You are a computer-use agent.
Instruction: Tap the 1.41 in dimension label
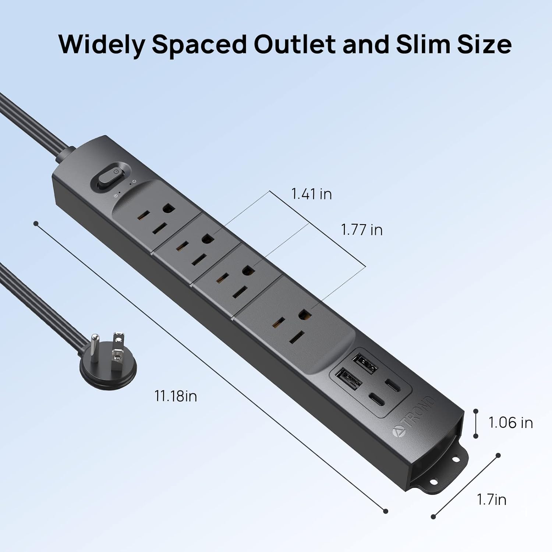tap(311, 194)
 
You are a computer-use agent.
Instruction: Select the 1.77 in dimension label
tap(362, 230)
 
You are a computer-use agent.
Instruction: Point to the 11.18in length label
tap(176, 396)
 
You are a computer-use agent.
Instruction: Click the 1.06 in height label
tap(510, 422)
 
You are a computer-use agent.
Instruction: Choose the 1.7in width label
tap(492, 499)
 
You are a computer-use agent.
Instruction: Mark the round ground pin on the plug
tap(96, 342)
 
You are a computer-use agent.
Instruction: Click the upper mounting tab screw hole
tap(456, 460)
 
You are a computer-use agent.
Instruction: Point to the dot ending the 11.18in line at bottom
tap(386, 511)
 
